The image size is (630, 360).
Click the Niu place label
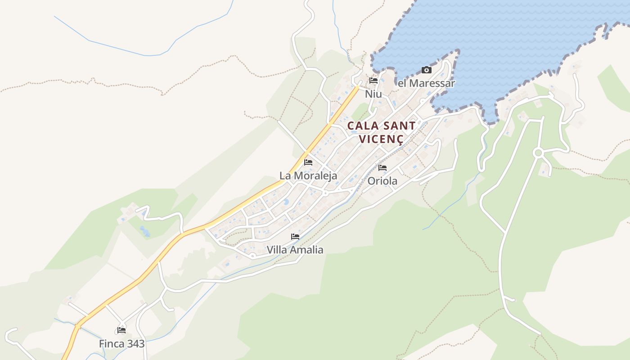373,94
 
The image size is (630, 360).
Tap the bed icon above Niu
373,81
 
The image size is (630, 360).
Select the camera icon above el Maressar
426,70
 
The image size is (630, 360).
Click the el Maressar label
427,83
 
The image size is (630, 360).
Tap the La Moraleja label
308,175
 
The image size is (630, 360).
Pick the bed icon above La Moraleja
308,162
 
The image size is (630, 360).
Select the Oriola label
382,181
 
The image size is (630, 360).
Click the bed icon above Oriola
382,168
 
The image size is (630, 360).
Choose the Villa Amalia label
295,249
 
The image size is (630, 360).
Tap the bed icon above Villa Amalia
295,236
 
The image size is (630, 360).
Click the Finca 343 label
122,344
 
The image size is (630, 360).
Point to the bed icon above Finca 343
121,330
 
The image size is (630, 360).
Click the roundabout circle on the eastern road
538,153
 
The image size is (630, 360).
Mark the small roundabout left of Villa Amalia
253,256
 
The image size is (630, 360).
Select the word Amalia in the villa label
307,249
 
